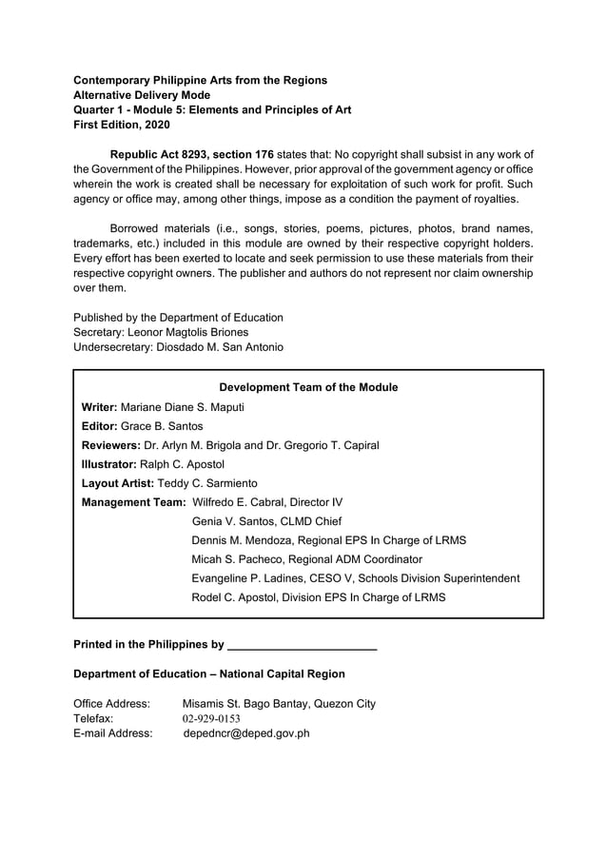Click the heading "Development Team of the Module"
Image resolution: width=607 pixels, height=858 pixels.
coord(308,387)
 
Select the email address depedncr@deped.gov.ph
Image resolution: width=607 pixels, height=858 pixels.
coord(246,733)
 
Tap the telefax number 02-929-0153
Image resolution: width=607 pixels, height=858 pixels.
coord(211,718)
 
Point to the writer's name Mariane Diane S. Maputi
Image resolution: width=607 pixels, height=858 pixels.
coord(183,407)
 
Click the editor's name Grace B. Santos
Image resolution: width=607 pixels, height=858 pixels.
coord(162,426)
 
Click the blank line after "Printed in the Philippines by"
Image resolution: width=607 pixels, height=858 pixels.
coord(303,645)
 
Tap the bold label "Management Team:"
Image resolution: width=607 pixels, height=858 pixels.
coord(134,502)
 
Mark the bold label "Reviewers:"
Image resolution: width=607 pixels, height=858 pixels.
coord(110,445)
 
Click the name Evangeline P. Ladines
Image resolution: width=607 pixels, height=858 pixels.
coord(253,578)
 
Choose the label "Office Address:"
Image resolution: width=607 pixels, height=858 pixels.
coord(111,703)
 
